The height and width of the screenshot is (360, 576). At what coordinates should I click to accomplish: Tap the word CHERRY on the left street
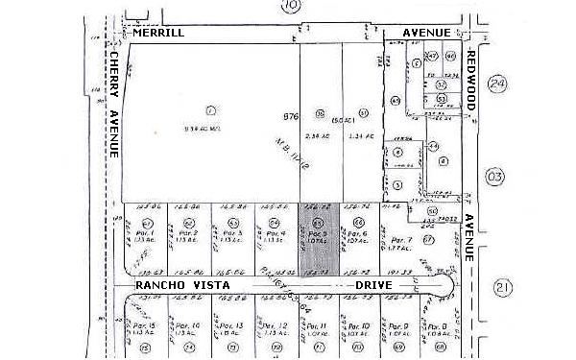point(113,77)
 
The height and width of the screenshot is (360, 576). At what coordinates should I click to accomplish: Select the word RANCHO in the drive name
point(159,287)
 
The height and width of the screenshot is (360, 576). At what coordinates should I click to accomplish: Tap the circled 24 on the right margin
point(495,84)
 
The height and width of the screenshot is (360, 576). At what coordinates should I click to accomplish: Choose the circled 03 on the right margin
point(494,177)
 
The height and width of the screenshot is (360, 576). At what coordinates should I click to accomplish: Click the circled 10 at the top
point(291,6)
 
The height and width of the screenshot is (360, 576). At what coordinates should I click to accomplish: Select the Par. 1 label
point(145,233)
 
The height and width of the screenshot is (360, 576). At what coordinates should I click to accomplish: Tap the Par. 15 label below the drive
point(146,326)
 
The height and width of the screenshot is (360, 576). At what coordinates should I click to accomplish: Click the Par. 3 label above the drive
point(231,233)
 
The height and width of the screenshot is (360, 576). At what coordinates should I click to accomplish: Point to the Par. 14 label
point(189,326)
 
